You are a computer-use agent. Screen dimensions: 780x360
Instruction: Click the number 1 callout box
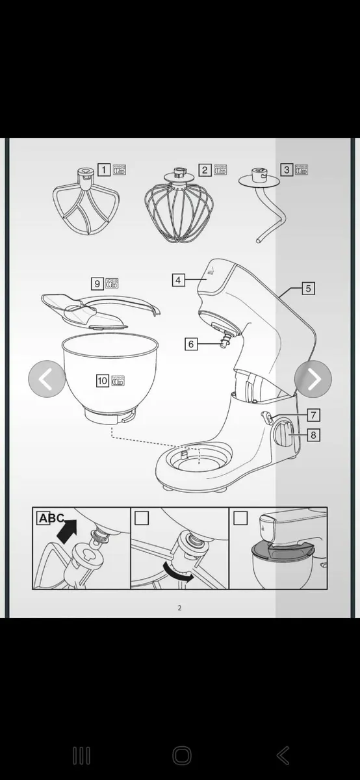pos(104,170)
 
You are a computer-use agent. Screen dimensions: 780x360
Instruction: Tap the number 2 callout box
pos(205,170)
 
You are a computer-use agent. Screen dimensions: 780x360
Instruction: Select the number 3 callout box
pos(287,170)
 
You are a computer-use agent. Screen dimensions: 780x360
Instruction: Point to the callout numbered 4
pos(179,280)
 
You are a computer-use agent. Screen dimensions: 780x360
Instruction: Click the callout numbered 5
pos(309,288)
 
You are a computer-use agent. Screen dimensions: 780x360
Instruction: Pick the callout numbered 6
pos(190,344)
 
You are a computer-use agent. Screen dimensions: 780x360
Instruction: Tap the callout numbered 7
pos(313,415)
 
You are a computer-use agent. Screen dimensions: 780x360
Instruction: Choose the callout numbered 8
pos(313,435)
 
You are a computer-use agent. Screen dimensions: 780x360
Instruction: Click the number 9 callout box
pos(97,283)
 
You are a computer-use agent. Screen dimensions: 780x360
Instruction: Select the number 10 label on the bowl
pos(103,381)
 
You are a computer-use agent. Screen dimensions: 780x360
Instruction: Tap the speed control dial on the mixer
pos(286,433)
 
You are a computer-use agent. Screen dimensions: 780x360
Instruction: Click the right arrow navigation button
pos(313,379)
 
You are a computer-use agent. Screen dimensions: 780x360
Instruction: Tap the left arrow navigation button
pos(47,379)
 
